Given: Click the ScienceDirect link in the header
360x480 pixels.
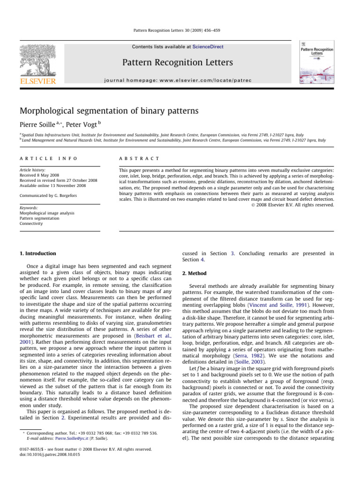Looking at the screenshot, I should click(x=204, y=47).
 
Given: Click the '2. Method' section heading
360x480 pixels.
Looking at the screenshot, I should click(x=194, y=273).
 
